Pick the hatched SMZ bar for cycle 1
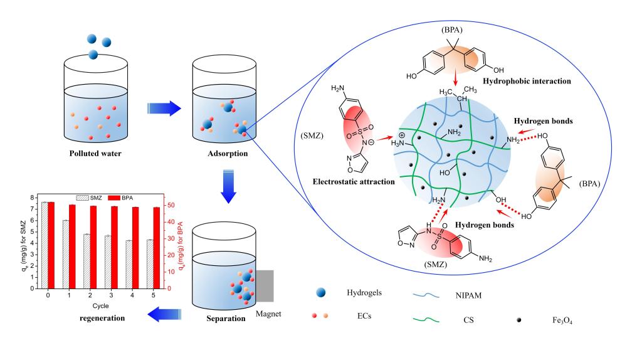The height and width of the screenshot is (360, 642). pos(65,255)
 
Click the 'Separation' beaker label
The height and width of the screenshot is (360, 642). pos(224,319)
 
